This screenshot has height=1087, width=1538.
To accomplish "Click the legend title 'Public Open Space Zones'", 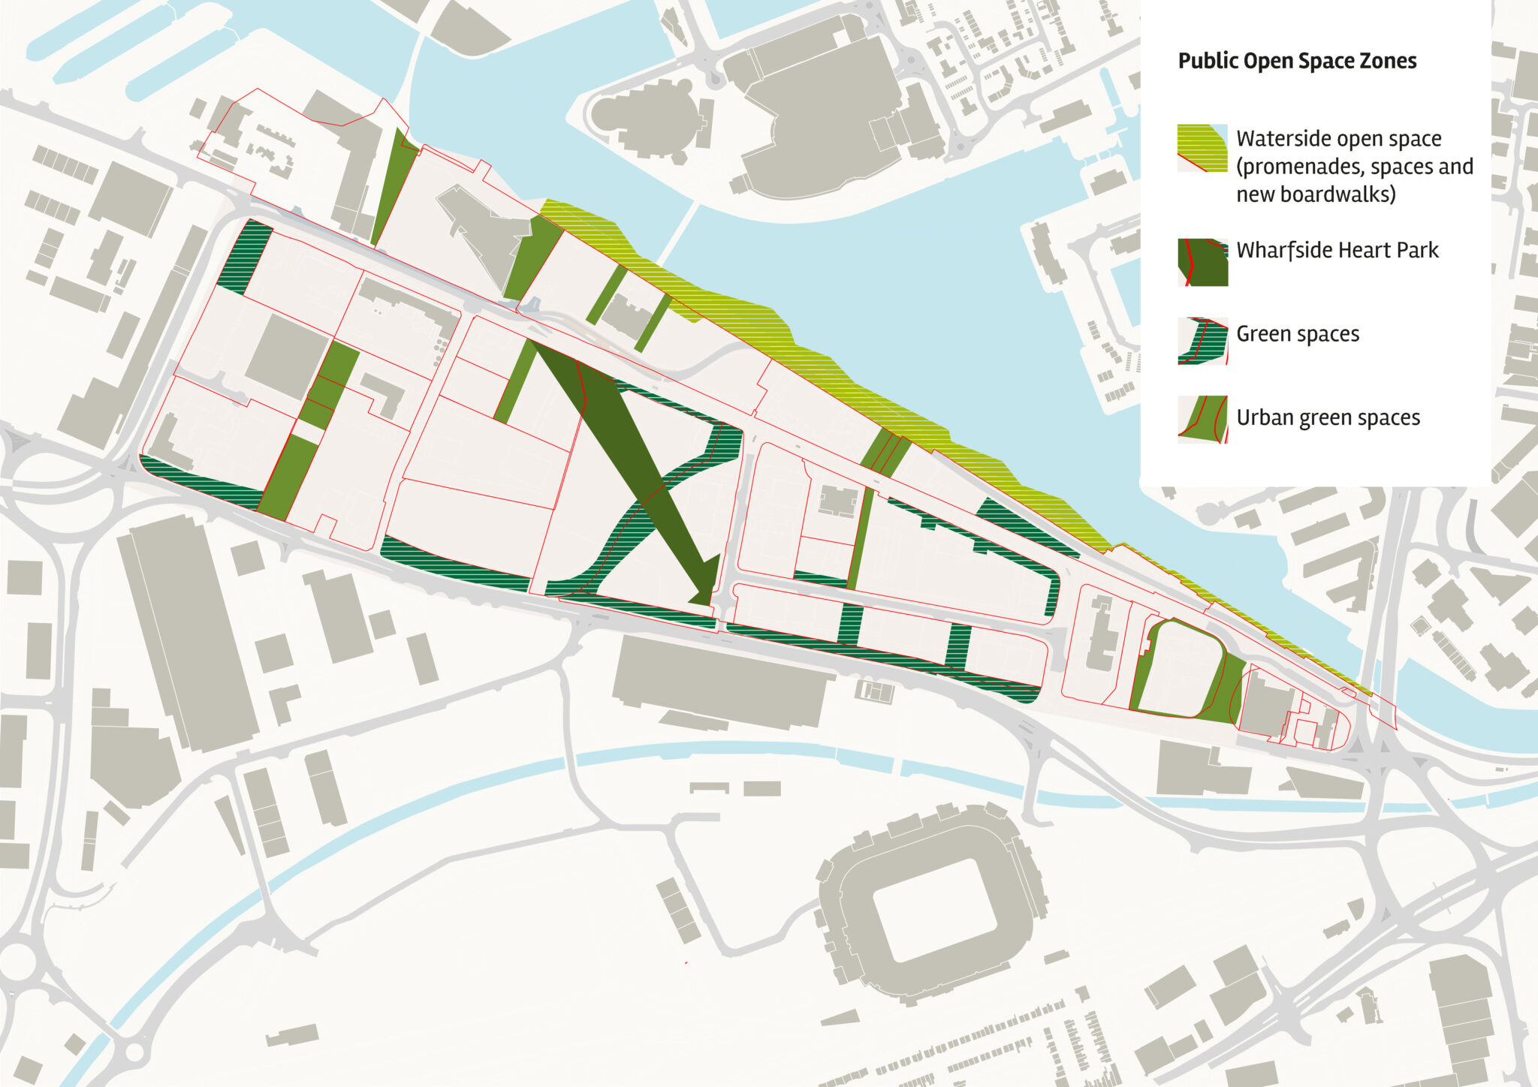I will pyautogui.click(x=1297, y=61).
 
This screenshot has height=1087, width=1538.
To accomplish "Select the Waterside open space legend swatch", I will pyautogui.click(x=1202, y=148).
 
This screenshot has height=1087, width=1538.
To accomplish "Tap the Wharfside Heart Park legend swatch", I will pyautogui.click(x=1202, y=262).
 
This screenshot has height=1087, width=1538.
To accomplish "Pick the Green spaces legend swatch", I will pyautogui.click(x=1202, y=341).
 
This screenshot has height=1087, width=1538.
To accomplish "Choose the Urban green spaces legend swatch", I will pyautogui.click(x=1202, y=419).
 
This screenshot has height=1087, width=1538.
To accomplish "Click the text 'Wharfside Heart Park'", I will pyautogui.click(x=1337, y=250).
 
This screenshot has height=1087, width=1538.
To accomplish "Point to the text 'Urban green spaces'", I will pyautogui.click(x=1328, y=417).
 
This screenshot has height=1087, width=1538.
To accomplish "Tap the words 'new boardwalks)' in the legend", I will pyautogui.click(x=1316, y=194).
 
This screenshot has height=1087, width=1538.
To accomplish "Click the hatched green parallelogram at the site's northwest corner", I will pyautogui.click(x=245, y=257).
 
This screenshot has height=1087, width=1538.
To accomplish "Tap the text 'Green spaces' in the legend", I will pyautogui.click(x=1297, y=334).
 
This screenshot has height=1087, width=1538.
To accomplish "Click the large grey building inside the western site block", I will pyautogui.click(x=285, y=357).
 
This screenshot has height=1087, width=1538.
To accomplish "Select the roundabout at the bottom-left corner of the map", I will pyautogui.click(x=17, y=962).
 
